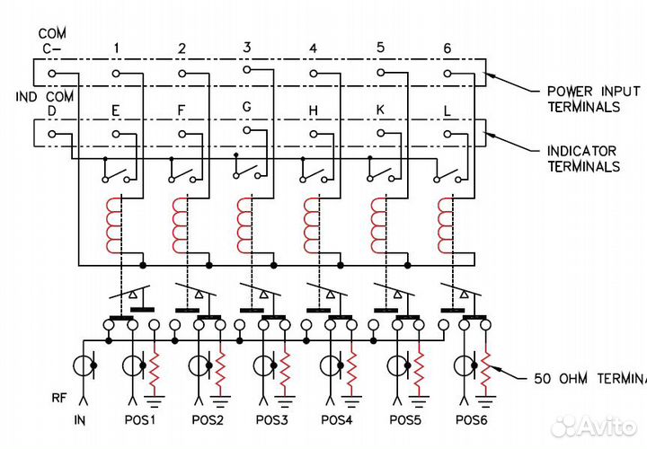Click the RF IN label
80,418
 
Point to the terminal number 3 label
247,46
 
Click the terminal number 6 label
447,48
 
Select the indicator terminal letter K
380,110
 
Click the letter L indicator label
447,110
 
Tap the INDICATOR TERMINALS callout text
584,159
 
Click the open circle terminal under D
51,133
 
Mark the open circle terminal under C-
51,73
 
